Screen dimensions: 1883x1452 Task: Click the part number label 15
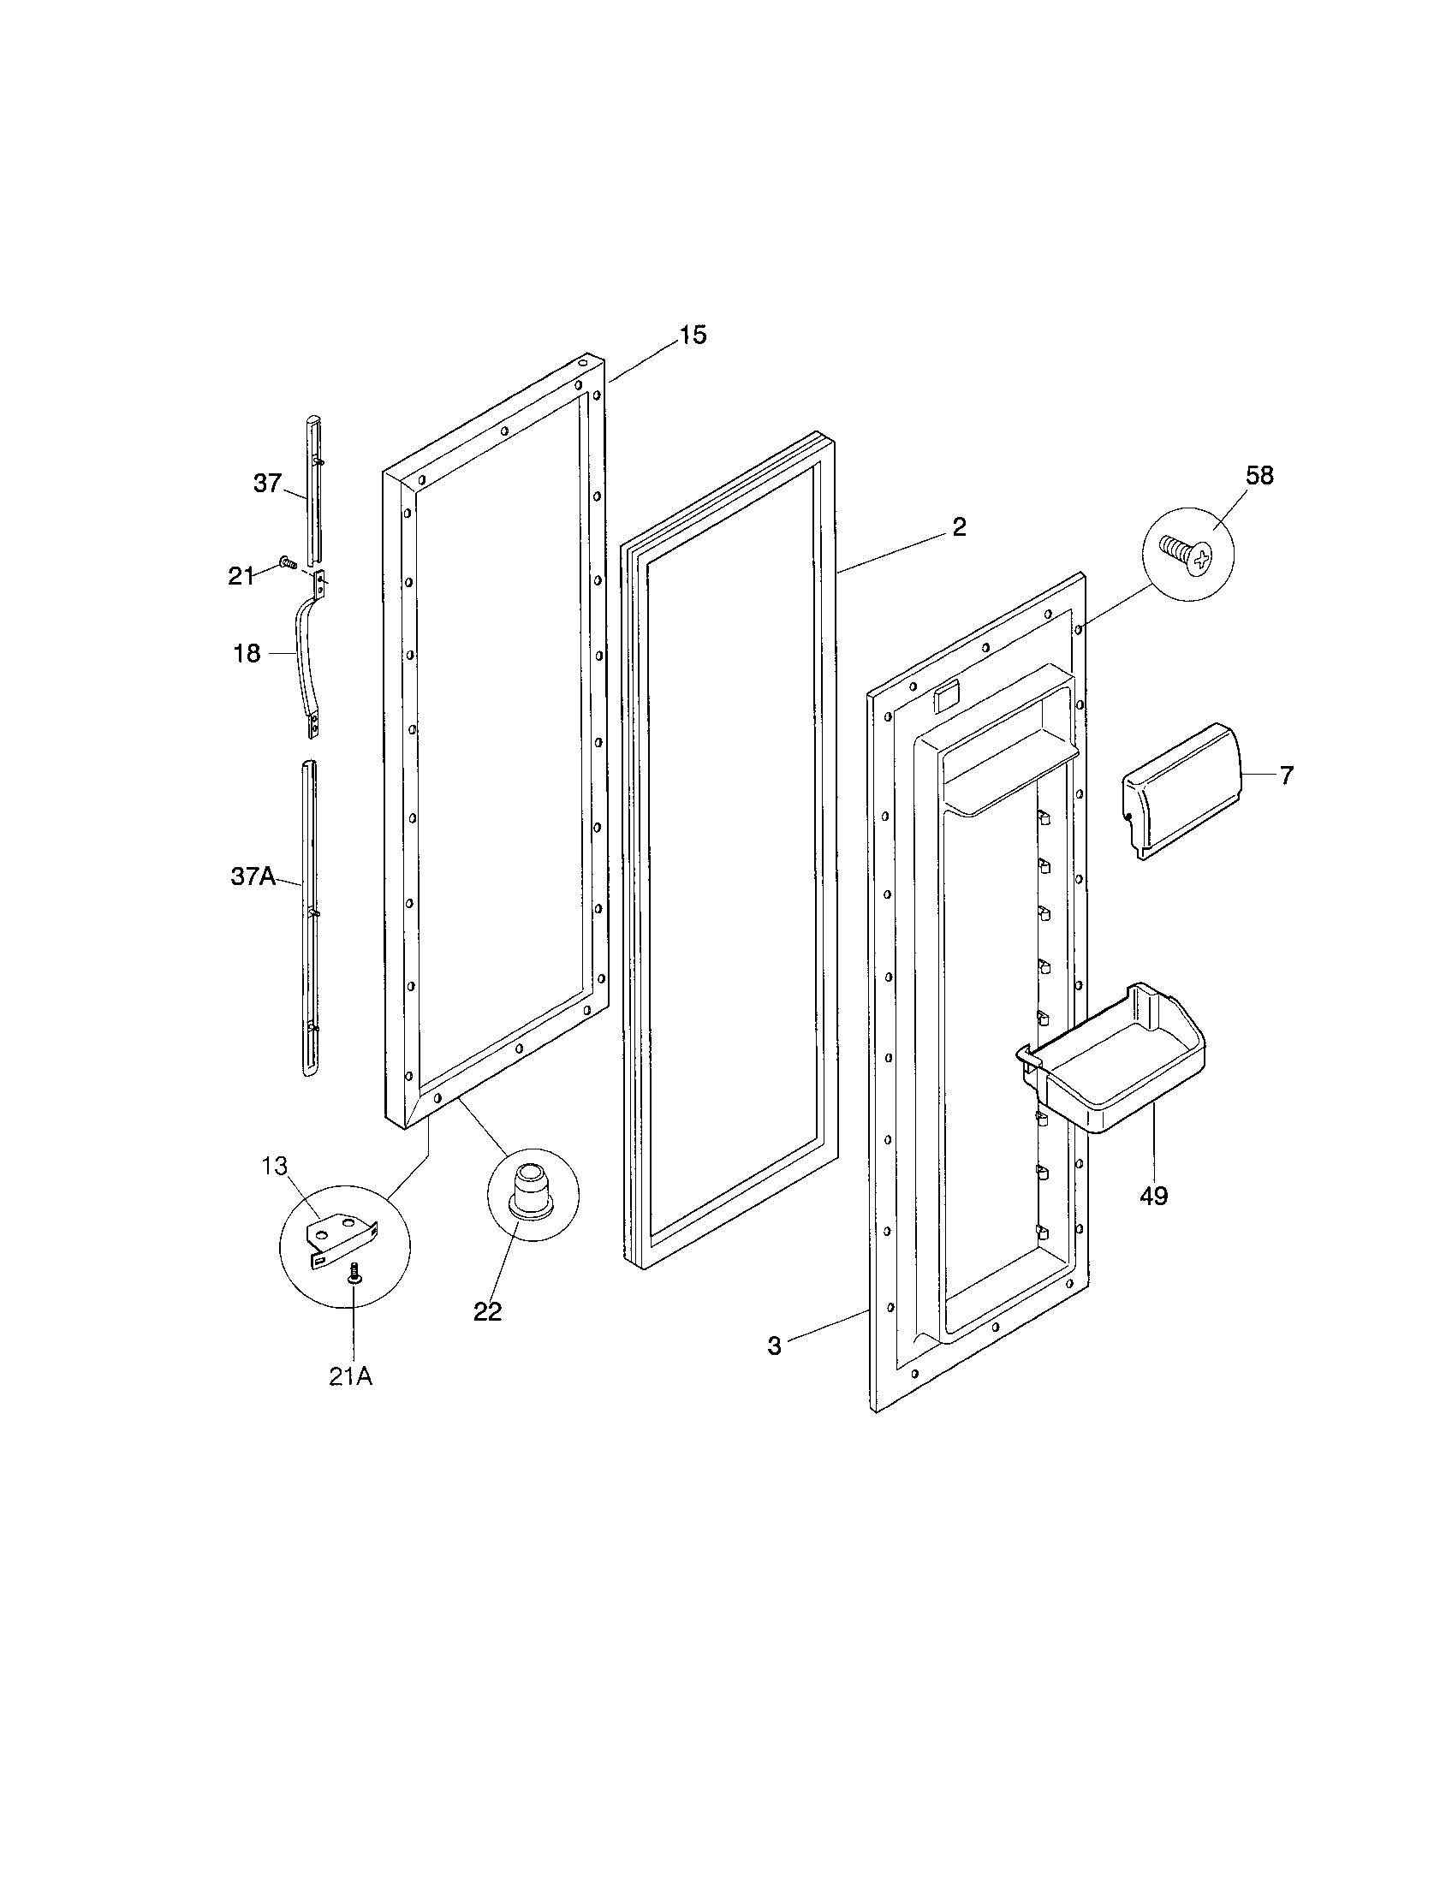(x=693, y=335)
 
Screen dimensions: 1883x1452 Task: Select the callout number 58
(x=1259, y=475)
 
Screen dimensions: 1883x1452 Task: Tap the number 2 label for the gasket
(x=959, y=526)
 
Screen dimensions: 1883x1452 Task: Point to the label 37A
(x=253, y=876)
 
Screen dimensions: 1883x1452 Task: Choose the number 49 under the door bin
(x=1153, y=1196)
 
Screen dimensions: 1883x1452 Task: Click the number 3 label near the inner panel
(x=774, y=1345)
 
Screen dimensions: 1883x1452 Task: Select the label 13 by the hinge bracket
(x=274, y=1166)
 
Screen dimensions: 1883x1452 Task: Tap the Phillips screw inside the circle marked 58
(x=1186, y=554)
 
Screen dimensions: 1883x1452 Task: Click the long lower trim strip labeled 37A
(x=309, y=914)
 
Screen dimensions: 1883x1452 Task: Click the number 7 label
(x=1286, y=776)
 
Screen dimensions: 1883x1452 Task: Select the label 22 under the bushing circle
(x=487, y=1311)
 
